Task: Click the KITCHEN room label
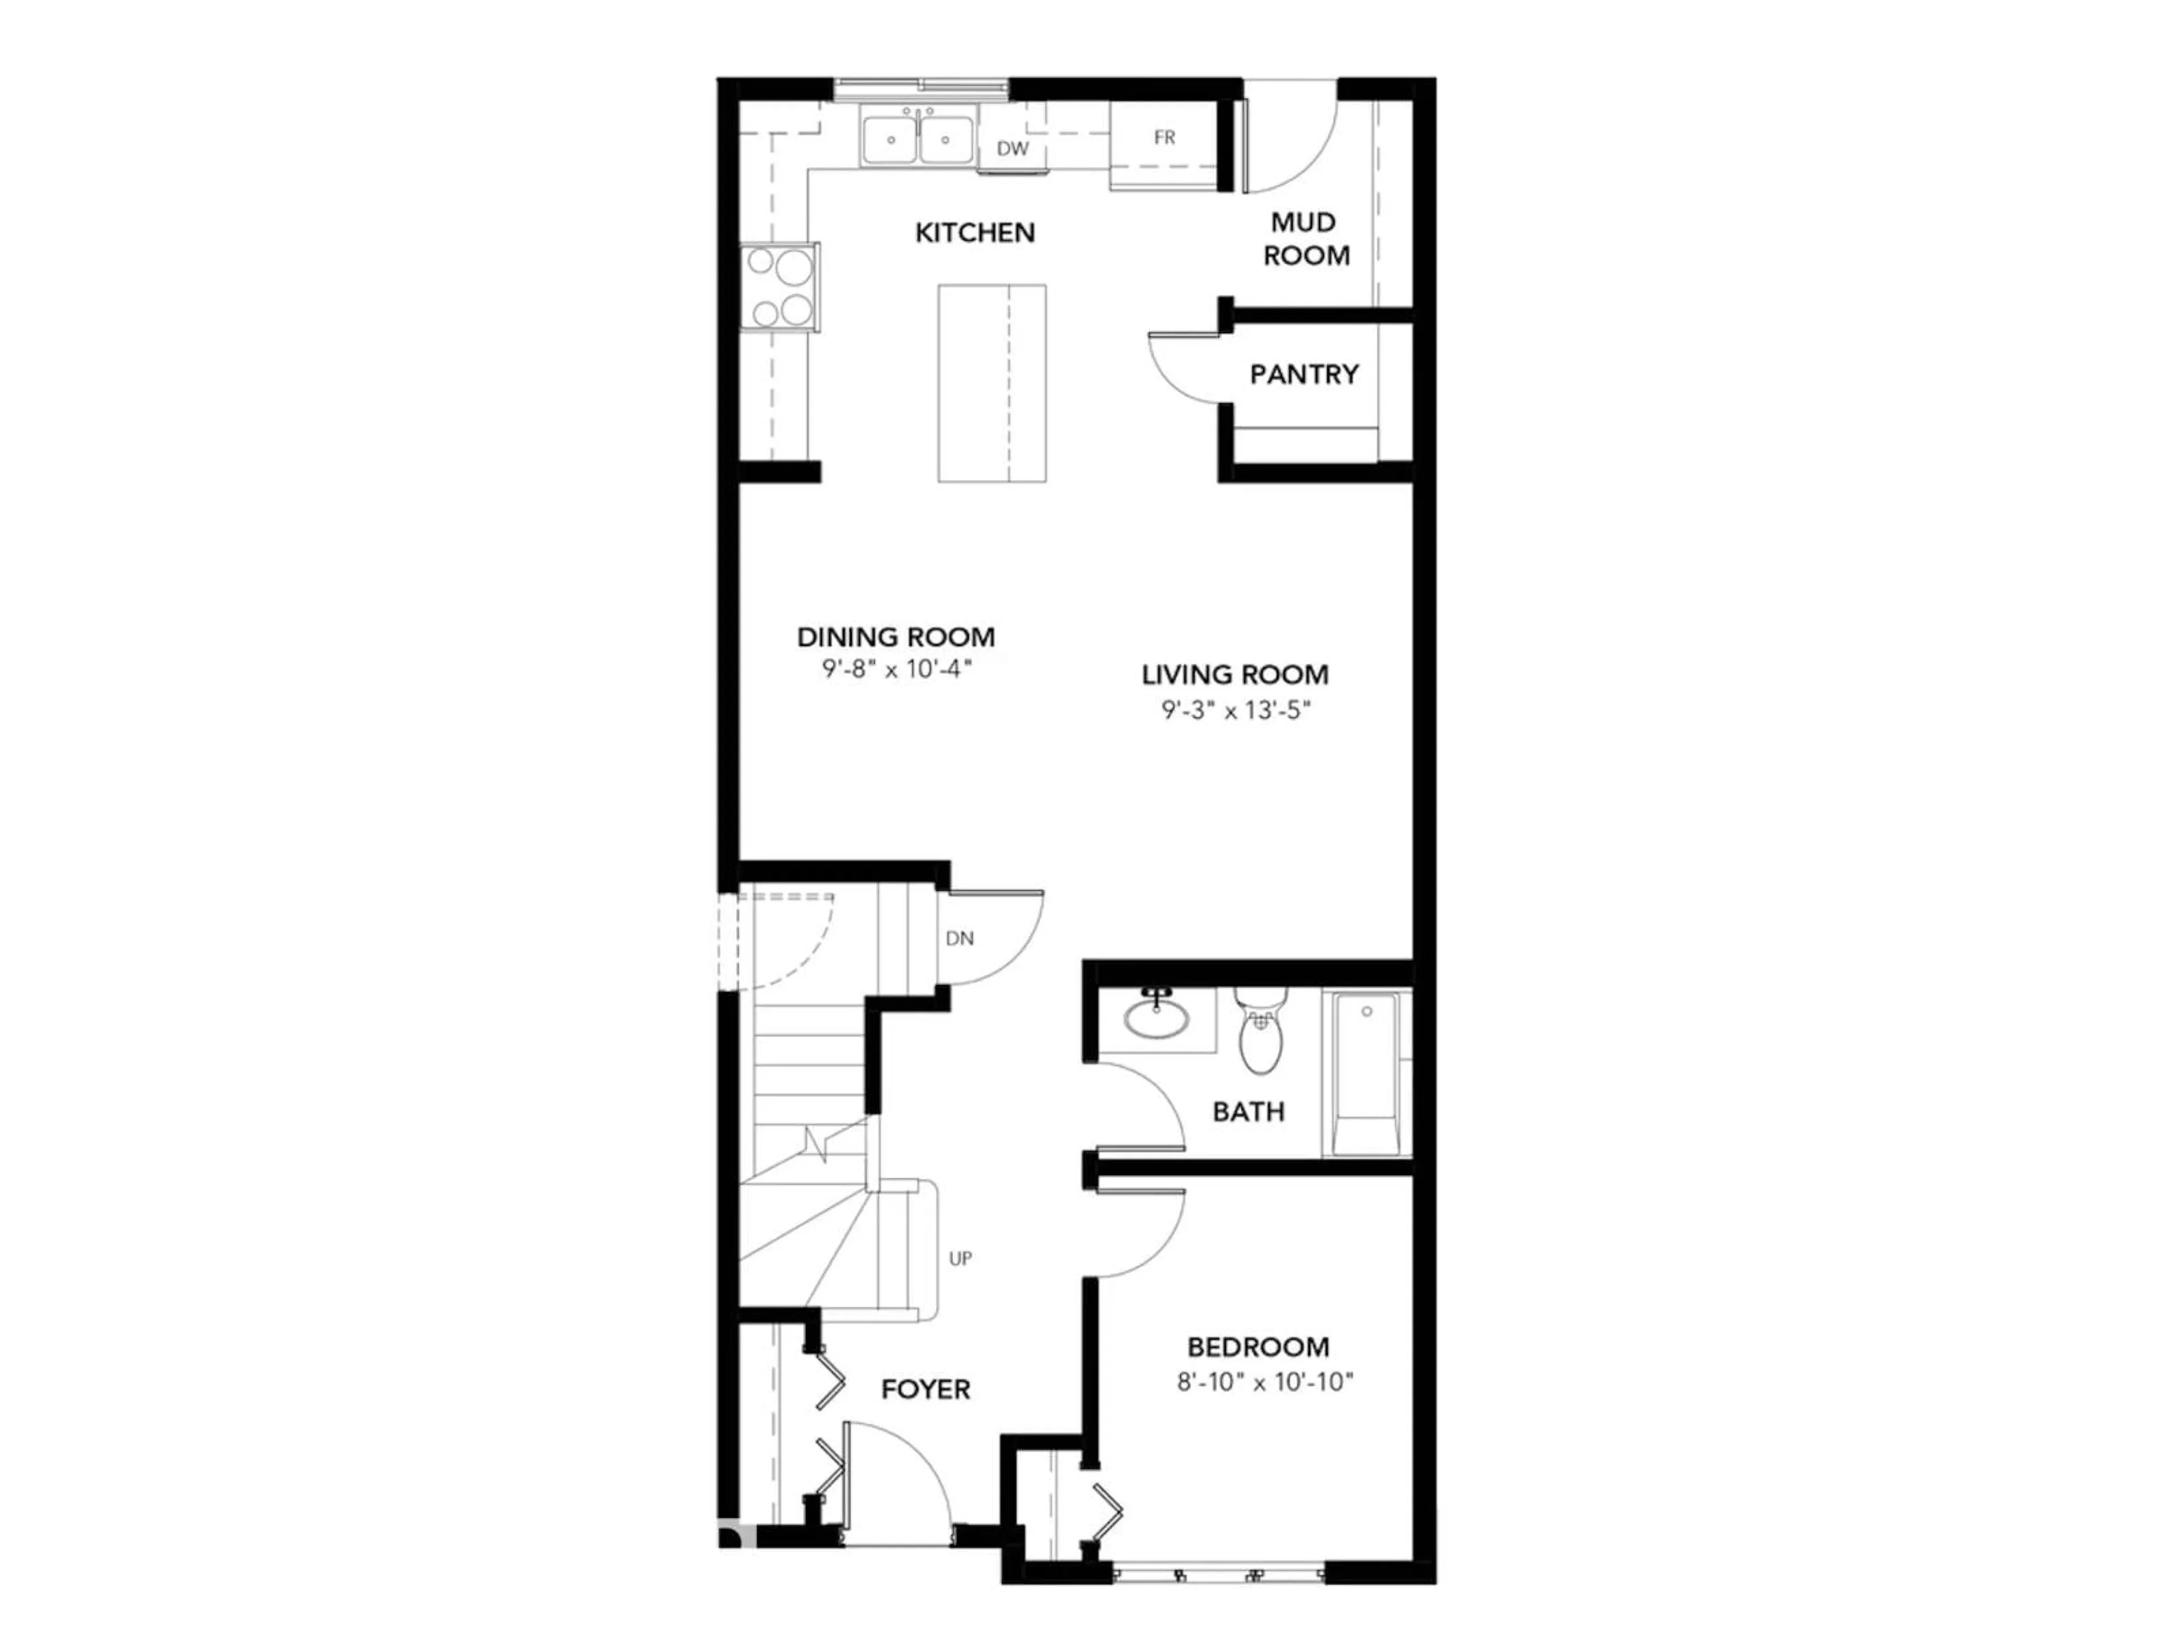[975, 233]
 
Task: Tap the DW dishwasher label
[1012, 148]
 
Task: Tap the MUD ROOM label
[1305, 239]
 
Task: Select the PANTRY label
[1304, 374]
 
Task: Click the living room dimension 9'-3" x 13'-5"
[1235, 709]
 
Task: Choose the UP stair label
[960, 1258]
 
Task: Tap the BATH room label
[1248, 1112]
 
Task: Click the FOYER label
[925, 1389]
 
